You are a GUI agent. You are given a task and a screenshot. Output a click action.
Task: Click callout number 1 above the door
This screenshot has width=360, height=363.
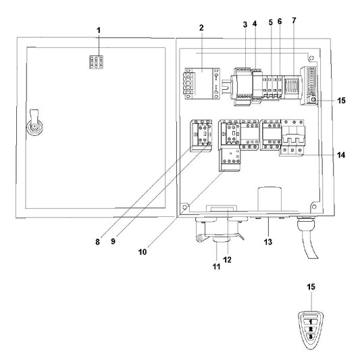click(98, 30)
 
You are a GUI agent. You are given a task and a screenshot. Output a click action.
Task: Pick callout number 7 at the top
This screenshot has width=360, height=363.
click(294, 22)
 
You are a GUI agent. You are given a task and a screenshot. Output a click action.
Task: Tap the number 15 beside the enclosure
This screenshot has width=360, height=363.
click(341, 101)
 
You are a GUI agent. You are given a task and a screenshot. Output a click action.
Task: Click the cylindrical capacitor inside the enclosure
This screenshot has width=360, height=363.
click(270, 199)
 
